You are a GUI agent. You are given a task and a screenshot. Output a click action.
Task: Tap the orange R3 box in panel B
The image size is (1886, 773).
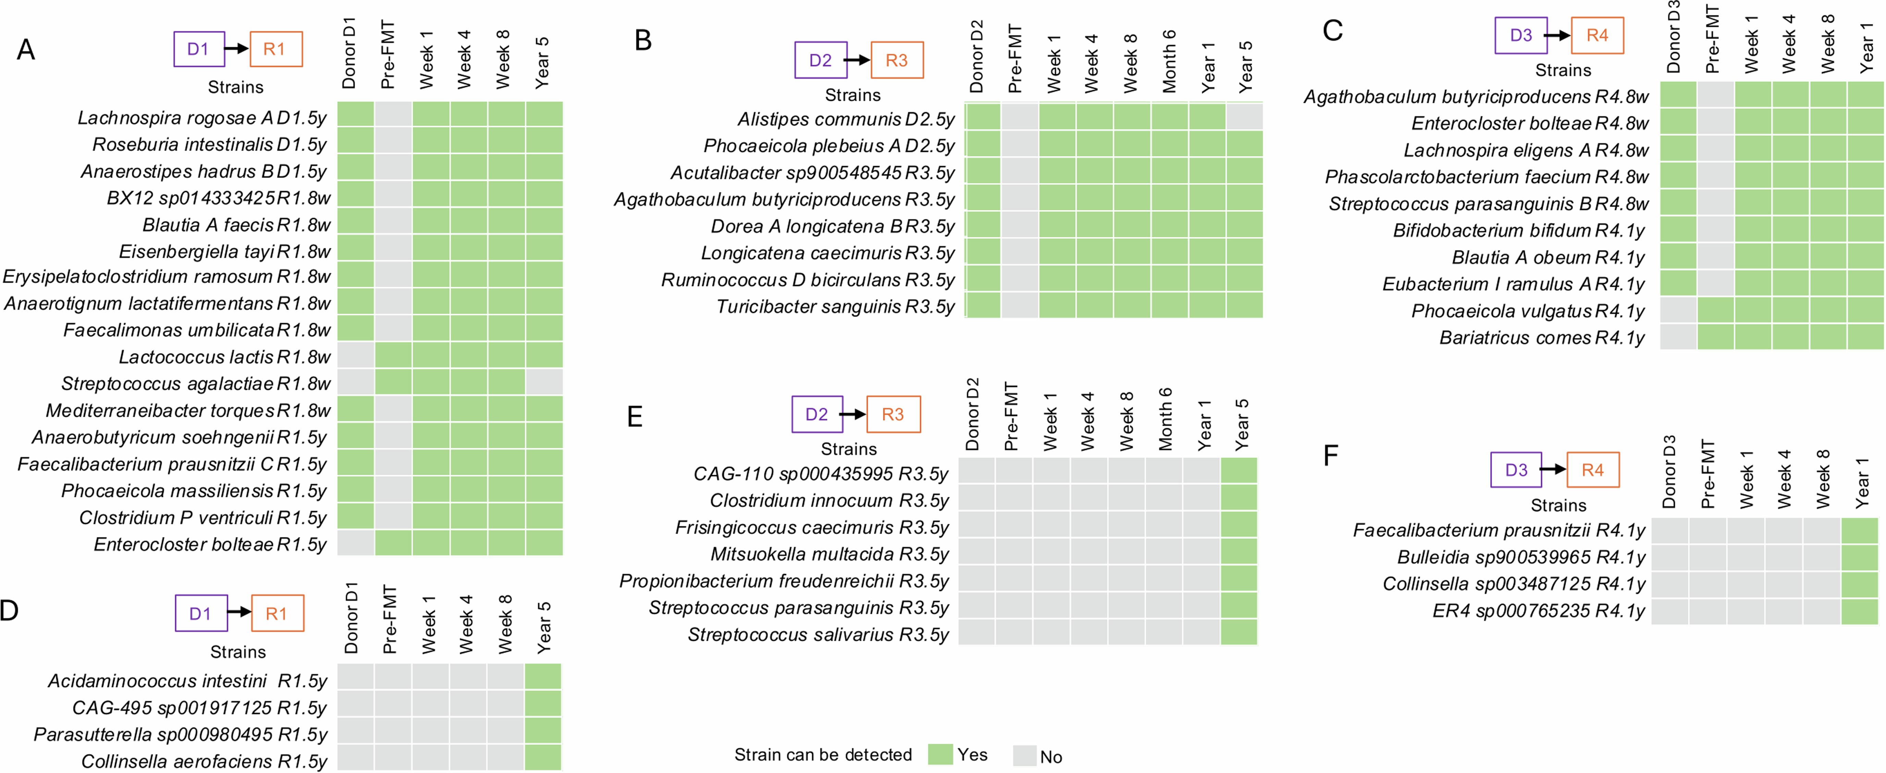tap(896, 60)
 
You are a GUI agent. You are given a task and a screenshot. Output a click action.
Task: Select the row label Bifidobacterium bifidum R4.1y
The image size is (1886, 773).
tap(1518, 230)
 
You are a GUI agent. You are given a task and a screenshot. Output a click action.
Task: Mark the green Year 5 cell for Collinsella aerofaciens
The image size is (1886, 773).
tap(543, 758)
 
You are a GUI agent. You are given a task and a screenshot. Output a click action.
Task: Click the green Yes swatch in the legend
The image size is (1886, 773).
tap(940, 755)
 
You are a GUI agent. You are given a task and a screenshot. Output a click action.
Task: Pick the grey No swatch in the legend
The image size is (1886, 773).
tap(1024, 756)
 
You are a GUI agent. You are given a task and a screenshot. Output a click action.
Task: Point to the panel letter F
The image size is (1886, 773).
tap(1331, 455)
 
